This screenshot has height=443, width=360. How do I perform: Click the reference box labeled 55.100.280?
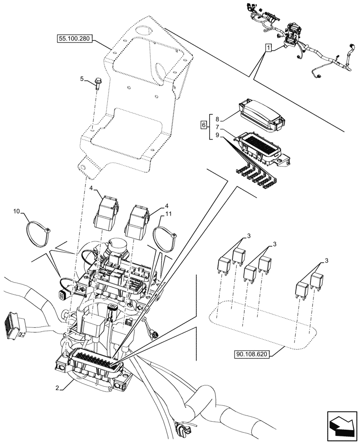click(x=74, y=39)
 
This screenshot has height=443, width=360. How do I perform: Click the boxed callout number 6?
click(x=203, y=125)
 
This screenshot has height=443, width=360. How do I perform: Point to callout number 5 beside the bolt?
click(x=82, y=79)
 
